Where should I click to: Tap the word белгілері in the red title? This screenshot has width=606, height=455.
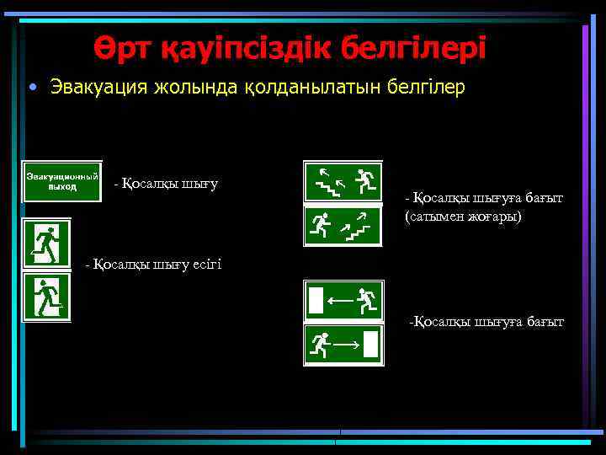coord(413,48)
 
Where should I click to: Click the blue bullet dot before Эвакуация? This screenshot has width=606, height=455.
coord(31,88)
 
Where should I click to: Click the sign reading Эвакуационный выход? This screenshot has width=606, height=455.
coord(62,181)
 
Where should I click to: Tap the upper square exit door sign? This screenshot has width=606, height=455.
coord(47,243)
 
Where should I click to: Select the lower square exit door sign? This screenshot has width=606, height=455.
coord(47,297)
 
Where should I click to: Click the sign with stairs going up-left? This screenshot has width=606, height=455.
coord(343,181)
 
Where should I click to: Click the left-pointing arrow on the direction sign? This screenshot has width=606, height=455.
coord(341,297)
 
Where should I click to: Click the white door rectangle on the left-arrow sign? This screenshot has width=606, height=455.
coord(316,299)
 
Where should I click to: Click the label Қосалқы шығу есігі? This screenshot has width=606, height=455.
coord(153,265)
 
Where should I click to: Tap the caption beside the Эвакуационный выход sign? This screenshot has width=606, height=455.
coord(166,182)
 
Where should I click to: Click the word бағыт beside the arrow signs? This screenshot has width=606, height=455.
coord(545,321)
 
